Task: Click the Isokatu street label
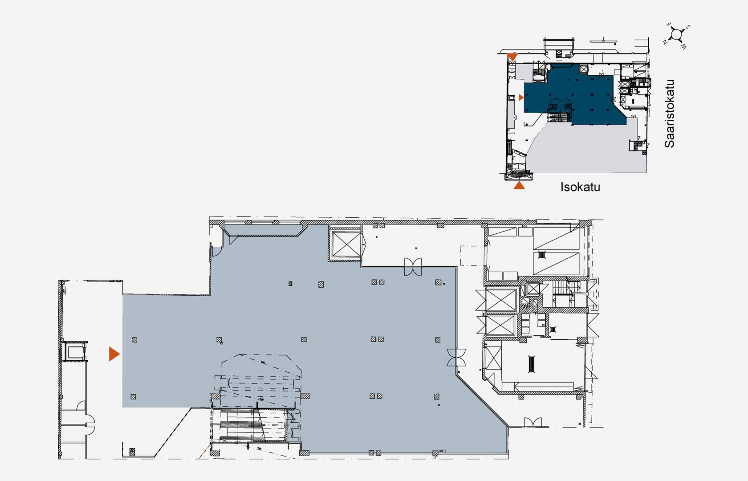point(580,187)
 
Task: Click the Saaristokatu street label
point(669,114)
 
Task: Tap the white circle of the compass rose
point(676,34)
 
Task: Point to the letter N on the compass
point(664,42)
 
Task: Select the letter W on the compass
point(683,47)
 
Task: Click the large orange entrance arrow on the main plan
point(114,354)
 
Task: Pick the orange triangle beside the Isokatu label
point(519,185)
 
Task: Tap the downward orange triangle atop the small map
point(512,57)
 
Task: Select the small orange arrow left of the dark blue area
point(521,98)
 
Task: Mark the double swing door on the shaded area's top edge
point(413,267)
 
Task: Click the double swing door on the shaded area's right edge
point(456,357)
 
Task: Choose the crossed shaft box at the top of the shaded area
point(347,244)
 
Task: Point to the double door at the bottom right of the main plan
point(533,422)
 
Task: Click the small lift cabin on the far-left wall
point(75,351)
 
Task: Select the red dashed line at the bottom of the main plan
point(204,452)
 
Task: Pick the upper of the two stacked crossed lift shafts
point(501,300)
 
